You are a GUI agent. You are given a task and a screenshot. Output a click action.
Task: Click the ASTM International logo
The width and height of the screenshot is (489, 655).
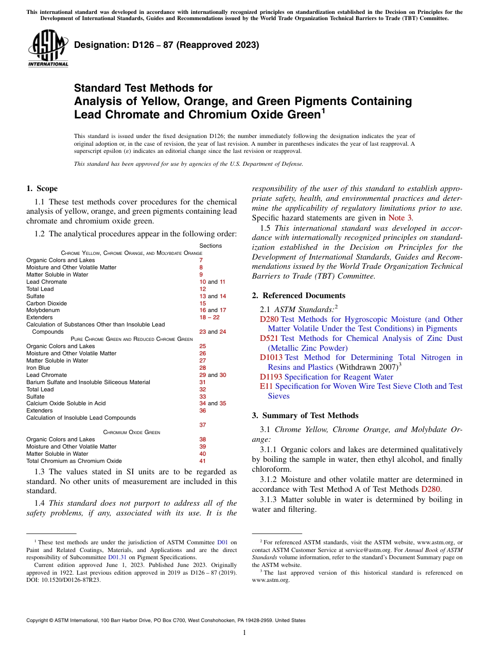[48, 48]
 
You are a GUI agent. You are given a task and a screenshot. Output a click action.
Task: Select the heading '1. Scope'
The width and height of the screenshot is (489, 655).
[42, 188]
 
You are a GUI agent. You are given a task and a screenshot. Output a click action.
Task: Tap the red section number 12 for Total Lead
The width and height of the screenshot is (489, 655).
[202, 289]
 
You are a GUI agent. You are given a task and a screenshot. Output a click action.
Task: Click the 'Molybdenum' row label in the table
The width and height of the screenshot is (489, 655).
[43, 311]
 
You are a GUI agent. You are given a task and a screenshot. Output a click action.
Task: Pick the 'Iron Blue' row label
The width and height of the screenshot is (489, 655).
[38, 368]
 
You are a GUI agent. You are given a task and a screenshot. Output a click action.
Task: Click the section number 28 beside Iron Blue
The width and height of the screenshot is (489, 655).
[202, 368]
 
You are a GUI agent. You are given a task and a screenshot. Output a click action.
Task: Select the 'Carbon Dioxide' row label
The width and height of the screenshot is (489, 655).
[46, 303]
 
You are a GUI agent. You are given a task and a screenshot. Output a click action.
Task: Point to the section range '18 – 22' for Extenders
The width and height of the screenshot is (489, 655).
[209, 318]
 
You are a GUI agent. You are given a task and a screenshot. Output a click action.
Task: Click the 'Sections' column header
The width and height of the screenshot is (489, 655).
[211, 246]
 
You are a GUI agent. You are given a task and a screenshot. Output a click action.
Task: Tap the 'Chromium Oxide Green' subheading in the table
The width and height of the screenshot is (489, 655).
[131, 432]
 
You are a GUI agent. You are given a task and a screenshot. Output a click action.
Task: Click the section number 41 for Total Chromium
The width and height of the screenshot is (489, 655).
[202, 461]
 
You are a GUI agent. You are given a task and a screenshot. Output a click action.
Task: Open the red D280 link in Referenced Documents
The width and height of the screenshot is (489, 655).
[269, 319]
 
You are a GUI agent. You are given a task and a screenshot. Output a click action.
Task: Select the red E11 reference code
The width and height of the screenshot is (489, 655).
[266, 386]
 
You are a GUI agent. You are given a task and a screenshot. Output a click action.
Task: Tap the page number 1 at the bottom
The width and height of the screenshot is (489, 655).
[244, 633]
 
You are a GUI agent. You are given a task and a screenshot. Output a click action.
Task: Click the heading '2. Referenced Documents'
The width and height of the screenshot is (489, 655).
[299, 296]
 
